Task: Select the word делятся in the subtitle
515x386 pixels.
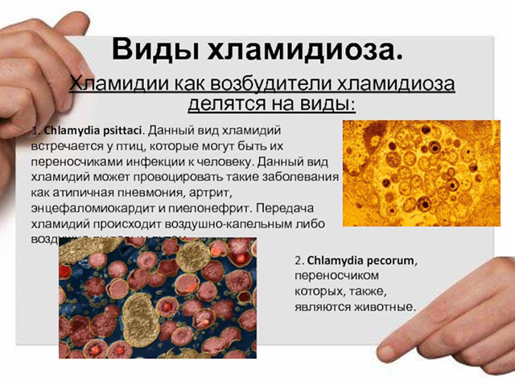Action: tap(229, 104)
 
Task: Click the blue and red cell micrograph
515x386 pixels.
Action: tap(157, 298)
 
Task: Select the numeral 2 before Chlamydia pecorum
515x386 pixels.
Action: tap(298, 261)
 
